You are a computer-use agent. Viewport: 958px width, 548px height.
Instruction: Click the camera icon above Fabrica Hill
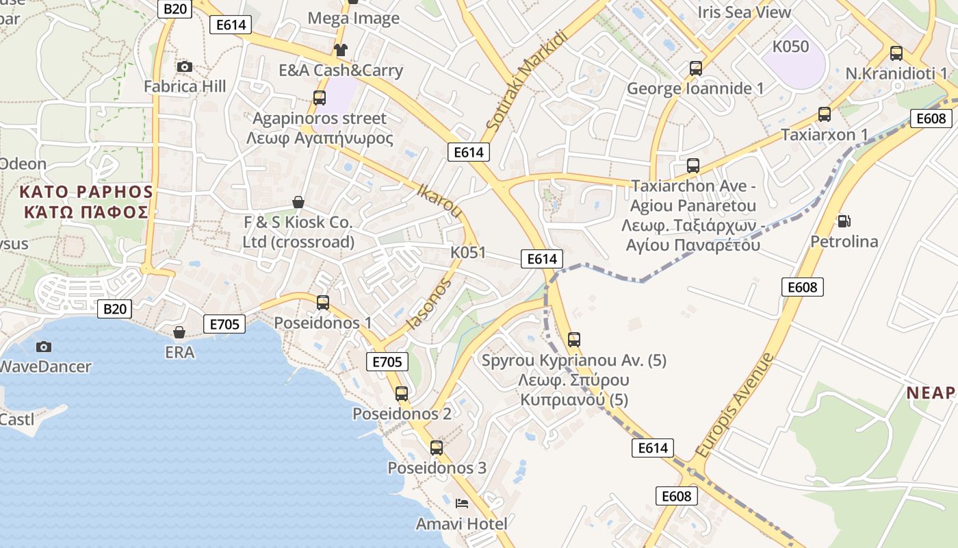coord(184,66)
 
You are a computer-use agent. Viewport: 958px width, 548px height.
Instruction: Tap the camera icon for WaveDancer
coord(44,347)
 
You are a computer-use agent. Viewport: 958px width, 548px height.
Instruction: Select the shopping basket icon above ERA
coord(179,332)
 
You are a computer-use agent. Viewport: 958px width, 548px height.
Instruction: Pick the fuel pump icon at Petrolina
coord(844,221)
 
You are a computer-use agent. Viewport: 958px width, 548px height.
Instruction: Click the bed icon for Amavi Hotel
coord(462,503)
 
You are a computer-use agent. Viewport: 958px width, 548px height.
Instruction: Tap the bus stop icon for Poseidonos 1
coord(322,302)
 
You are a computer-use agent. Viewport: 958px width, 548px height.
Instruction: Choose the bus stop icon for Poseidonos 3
coord(437,448)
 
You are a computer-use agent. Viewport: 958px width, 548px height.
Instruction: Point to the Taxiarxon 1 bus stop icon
coord(825,114)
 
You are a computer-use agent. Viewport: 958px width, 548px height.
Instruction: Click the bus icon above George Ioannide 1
coord(696,68)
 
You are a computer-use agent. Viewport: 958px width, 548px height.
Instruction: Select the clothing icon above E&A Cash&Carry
coord(340,49)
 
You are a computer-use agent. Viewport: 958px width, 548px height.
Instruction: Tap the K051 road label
coord(468,252)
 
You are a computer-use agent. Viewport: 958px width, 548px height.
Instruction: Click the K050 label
coord(790,47)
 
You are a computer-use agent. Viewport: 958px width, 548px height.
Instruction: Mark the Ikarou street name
coord(439,199)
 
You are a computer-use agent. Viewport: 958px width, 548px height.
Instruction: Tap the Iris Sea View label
coord(744,12)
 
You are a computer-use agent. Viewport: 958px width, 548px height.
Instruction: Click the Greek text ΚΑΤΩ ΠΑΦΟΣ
coord(86,211)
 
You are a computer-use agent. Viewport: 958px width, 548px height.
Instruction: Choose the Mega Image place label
coord(353,18)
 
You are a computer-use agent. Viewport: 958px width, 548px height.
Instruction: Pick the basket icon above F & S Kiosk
coord(298,202)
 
